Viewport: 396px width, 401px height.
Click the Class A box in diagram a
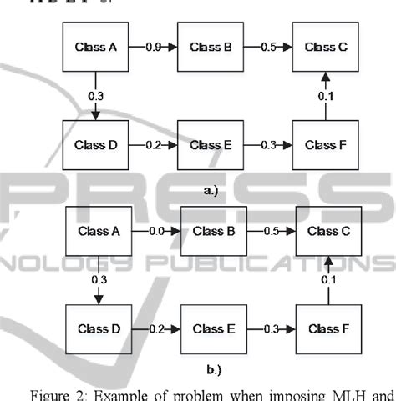97,48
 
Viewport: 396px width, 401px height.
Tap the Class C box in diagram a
321,48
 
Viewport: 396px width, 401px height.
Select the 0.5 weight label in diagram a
265,48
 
